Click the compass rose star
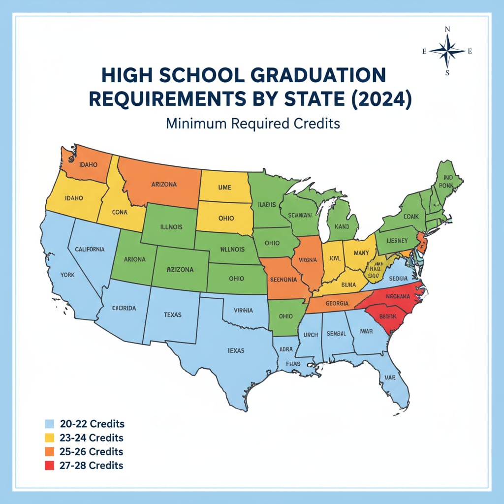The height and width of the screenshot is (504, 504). click(x=447, y=51)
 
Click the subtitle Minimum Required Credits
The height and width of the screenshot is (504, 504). click(x=252, y=123)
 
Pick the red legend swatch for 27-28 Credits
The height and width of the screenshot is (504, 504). click(x=49, y=466)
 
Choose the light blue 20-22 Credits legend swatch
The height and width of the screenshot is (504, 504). click(x=49, y=424)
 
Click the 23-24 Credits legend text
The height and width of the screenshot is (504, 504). click(x=92, y=438)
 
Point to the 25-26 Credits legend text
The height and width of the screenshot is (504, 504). click(x=92, y=451)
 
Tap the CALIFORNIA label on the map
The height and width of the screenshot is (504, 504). click(x=90, y=249)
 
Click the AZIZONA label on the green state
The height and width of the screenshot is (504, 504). click(x=180, y=270)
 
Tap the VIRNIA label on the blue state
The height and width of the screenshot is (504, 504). click(x=244, y=311)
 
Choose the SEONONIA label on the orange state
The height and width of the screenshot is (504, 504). click(x=283, y=279)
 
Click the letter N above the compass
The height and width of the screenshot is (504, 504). click(x=447, y=30)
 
